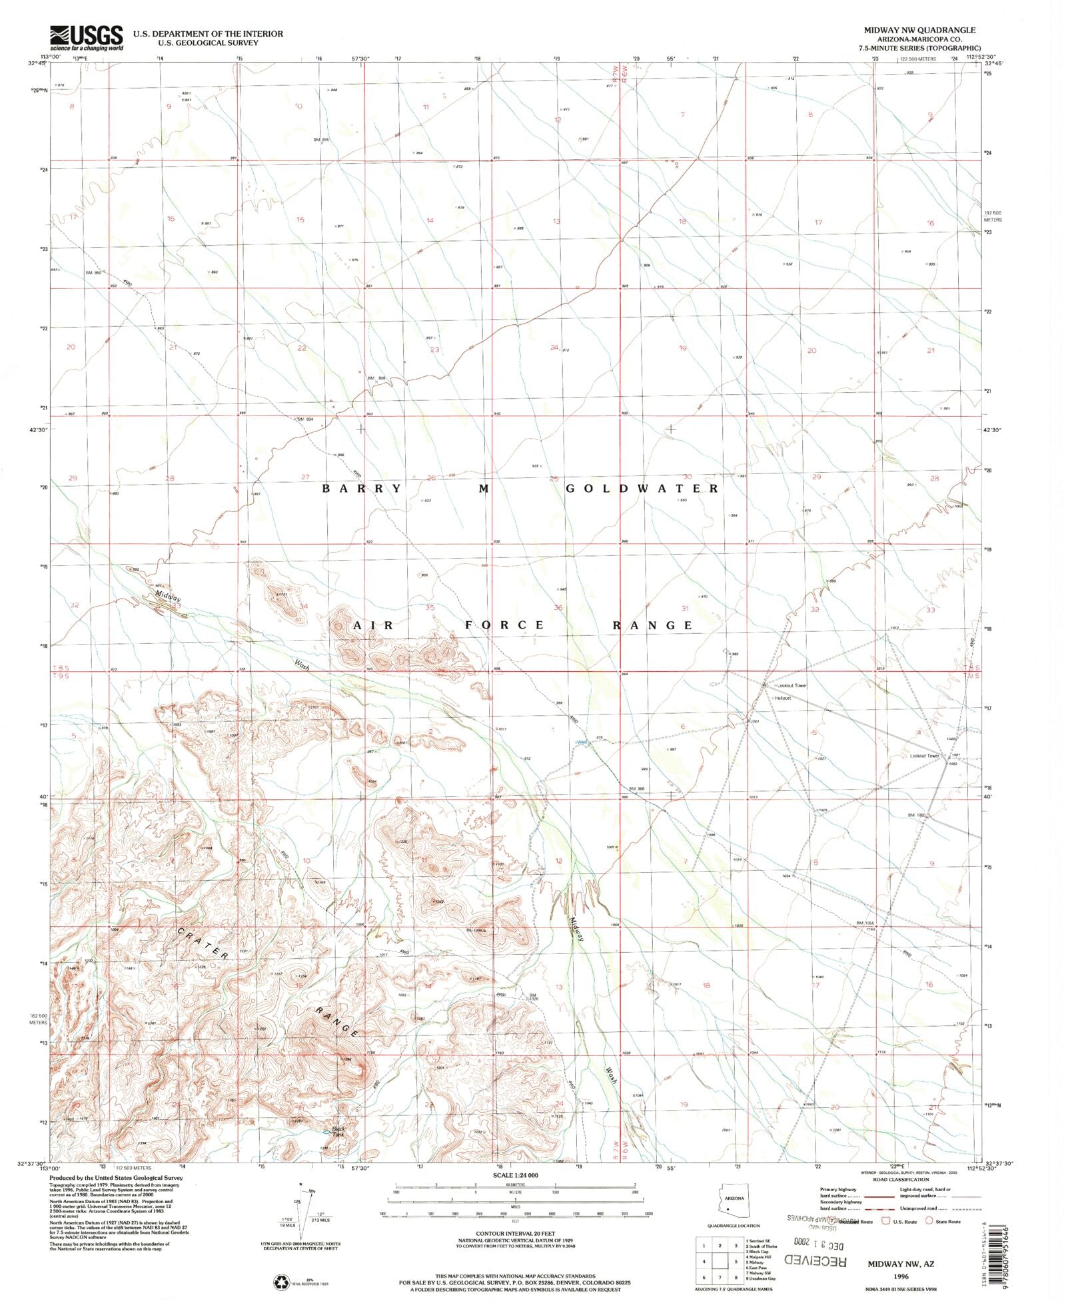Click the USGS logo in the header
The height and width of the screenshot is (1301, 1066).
tap(86, 37)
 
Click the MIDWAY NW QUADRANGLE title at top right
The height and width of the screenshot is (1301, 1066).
tap(919, 30)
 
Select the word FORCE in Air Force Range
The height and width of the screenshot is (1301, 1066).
tap(504, 625)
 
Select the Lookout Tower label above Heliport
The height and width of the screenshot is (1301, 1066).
tap(792, 685)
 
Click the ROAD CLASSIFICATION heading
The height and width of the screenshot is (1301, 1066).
tap(900, 1179)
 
